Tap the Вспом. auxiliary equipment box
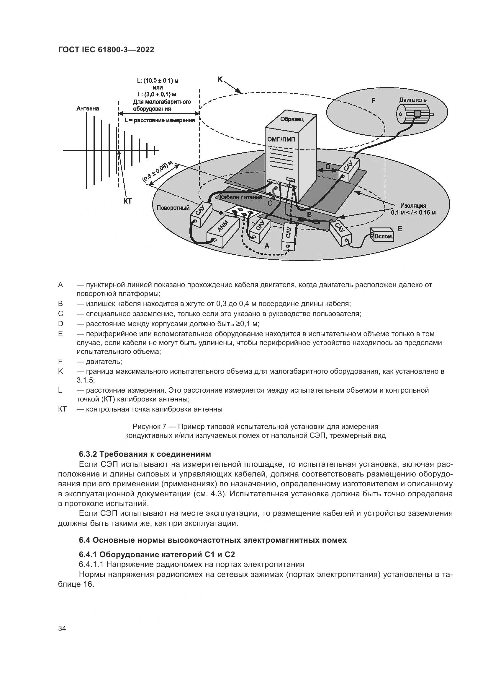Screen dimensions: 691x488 click(x=384, y=236)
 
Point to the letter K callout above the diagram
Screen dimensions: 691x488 click(x=220, y=79)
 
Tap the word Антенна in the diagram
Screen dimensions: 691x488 click(x=88, y=108)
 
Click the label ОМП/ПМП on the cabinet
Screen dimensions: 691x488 click(x=281, y=139)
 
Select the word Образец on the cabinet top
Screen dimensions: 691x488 click(x=292, y=119)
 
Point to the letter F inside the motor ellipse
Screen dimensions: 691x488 click(x=373, y=100)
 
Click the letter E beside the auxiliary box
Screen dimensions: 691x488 click(x=400, y=229)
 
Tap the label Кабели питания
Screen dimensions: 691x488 click(x=241, y=197)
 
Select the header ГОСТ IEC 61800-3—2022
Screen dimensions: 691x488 click(x=106, y=50)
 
